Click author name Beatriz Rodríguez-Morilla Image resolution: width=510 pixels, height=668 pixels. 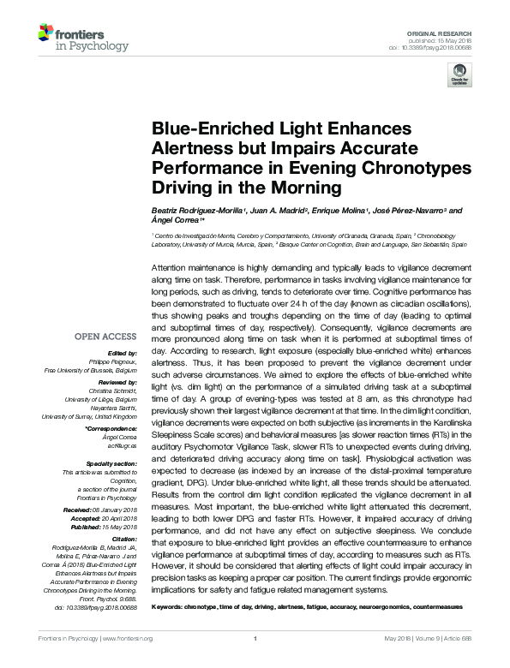click(195, 211)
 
